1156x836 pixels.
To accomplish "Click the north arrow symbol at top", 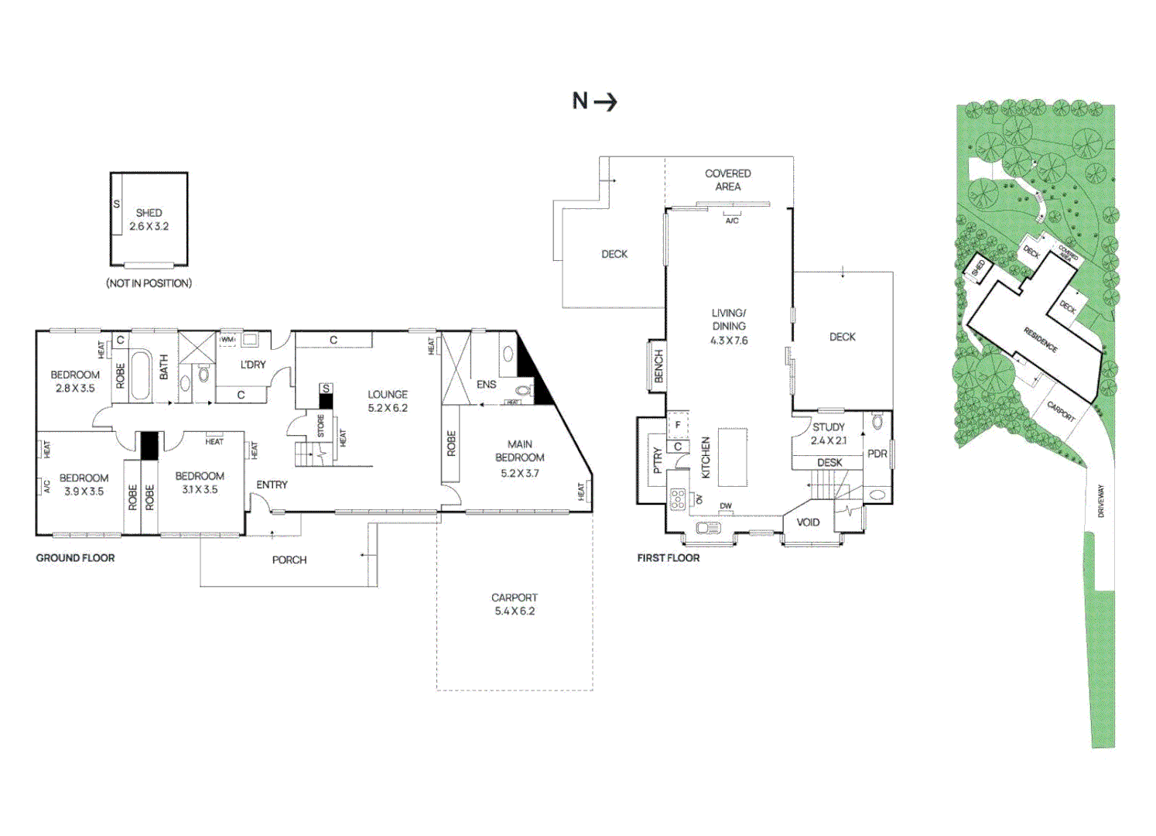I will (x=594, y=101).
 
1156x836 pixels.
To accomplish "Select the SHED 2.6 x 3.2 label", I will (x=149, y=220).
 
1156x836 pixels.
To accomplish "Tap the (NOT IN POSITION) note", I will (x=149, y=283).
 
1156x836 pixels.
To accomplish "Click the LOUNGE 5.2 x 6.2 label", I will (x=388, y=401).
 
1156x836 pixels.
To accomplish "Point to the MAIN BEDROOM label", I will (x=520, y=458).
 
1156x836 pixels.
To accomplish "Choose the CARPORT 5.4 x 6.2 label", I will (x=515, y=605).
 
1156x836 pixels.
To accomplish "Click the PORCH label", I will (x=289, y=560).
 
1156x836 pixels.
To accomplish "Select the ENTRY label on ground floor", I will (x=272, y=485).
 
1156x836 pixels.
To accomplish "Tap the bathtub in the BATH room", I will (x=141, y=375).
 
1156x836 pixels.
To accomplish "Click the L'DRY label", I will (x=253, y=365).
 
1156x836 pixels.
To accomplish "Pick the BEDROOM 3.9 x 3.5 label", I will (x=84, y=485).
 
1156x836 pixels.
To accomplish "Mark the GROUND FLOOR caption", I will (x=75, y=558).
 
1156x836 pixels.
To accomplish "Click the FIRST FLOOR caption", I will (x=669, y=558).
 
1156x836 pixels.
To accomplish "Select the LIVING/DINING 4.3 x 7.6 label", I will (x=729, y=327).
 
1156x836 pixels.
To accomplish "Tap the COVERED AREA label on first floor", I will (x=727, y=180).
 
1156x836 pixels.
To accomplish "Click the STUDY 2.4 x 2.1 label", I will (x=828, y=433).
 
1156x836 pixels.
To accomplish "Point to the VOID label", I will (x=808, y=522).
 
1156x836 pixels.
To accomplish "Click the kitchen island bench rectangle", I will (x=732, y=457).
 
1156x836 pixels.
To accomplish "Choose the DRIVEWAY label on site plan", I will (x=1100, y=501).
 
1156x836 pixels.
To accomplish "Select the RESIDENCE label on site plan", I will (x=1041, y=340).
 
